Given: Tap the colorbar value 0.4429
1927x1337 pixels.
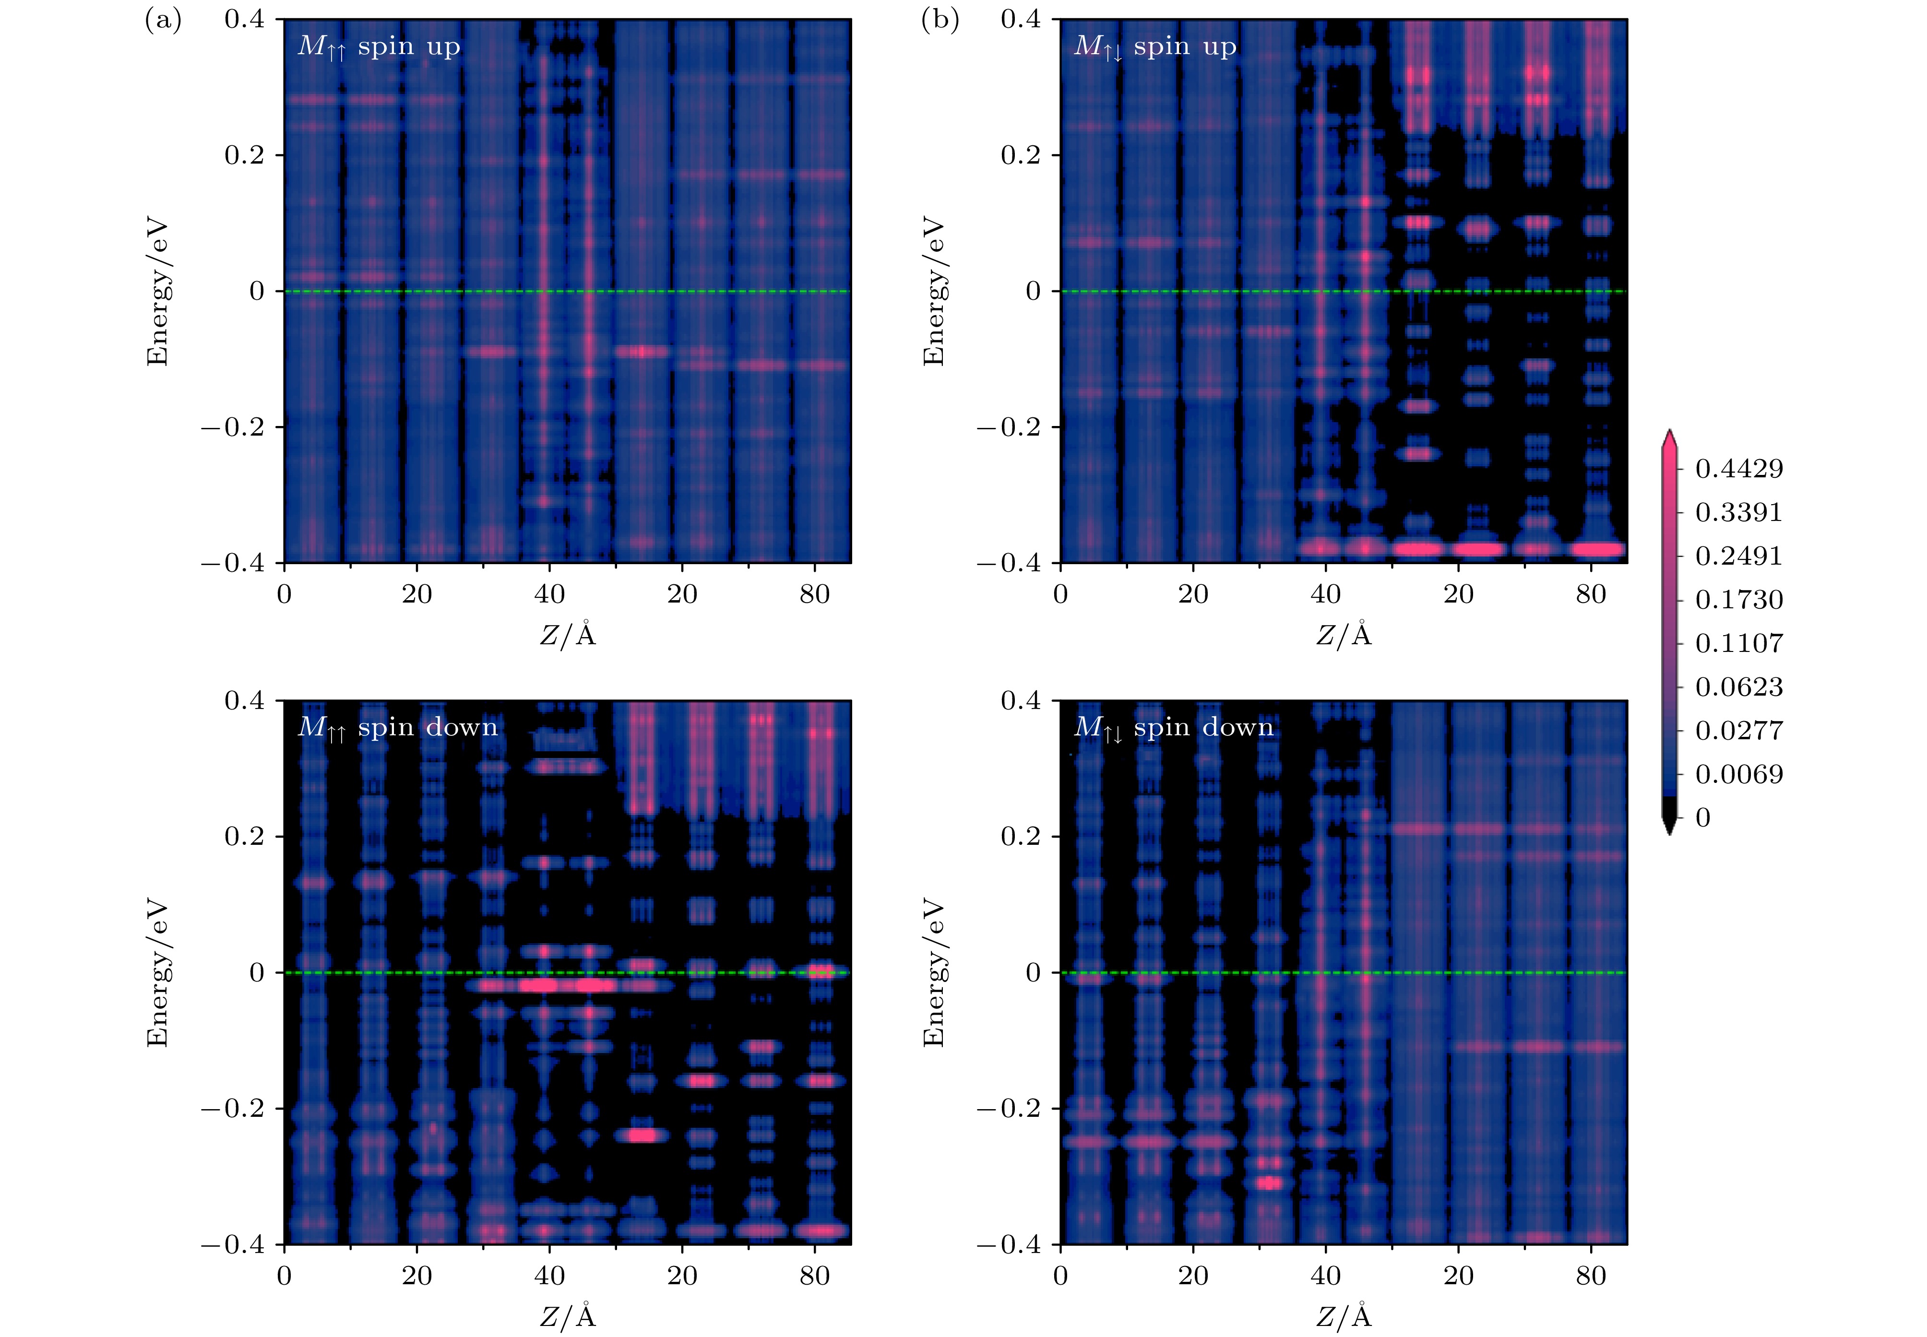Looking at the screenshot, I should [1738, 468].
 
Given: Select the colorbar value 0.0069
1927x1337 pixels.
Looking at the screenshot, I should [1738, 774].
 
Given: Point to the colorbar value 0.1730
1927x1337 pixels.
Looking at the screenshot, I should [1738, 600].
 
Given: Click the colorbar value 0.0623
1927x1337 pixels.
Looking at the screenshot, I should [1738, 687].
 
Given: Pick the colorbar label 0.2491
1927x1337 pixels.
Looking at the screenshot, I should [1738, 556].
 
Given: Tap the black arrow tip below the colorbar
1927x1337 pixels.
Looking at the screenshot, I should [1669, 829].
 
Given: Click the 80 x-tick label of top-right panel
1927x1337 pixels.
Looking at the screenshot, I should [1590, 595].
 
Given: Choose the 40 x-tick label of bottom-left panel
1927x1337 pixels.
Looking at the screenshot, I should [549, 1276].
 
